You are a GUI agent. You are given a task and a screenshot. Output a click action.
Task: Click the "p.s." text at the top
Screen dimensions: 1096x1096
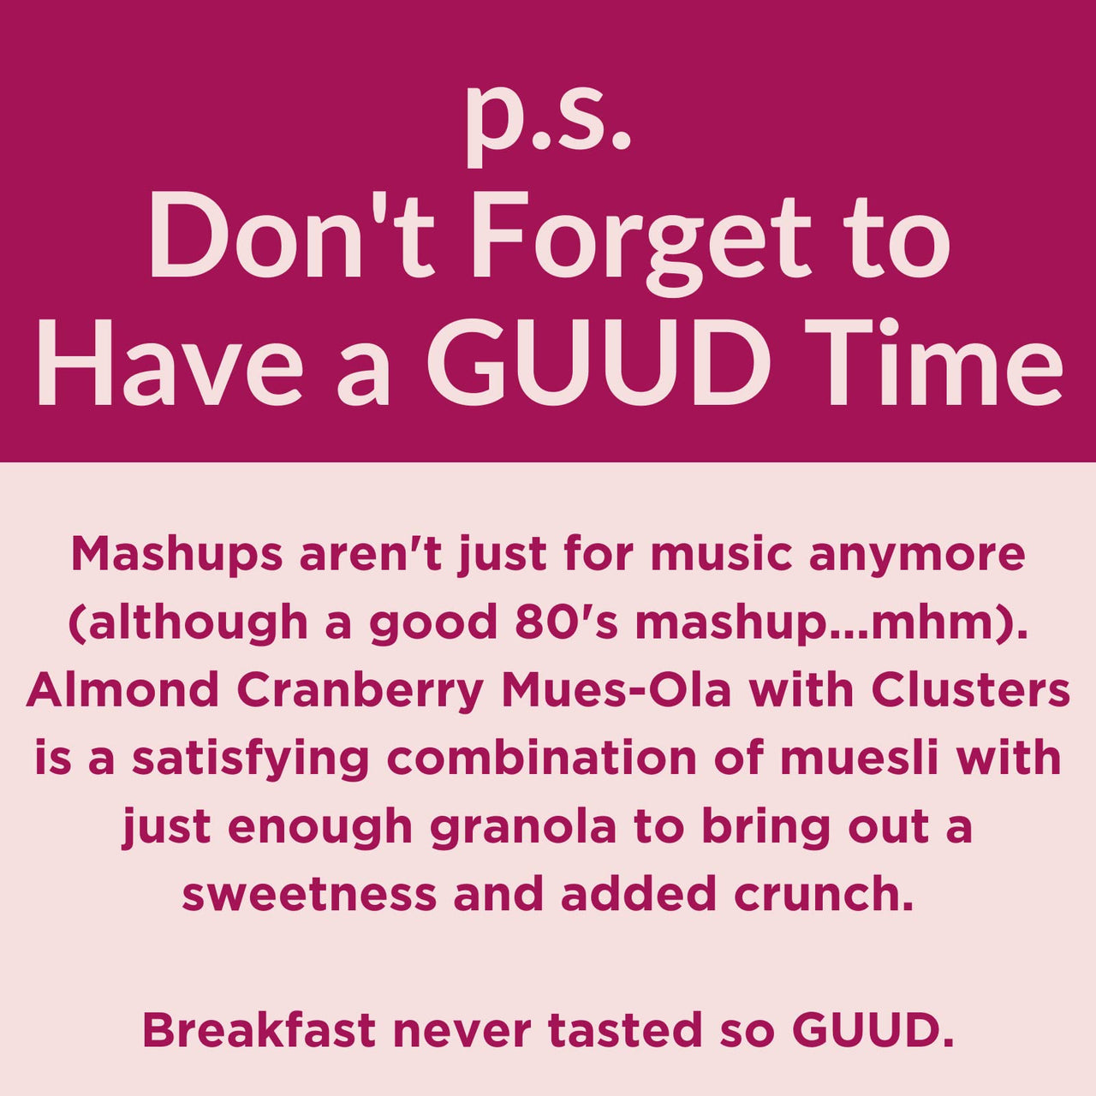[x=548, y=120]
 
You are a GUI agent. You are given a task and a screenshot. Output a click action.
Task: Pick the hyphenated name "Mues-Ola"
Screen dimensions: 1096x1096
[x=616, y=690]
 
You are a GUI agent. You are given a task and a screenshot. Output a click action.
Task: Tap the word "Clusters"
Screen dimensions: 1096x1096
[x=971, y=690]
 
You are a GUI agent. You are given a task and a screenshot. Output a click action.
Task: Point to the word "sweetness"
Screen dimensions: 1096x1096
[x=309, y=895]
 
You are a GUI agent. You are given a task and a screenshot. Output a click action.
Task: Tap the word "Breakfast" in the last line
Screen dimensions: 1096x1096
[x=259, y=1030]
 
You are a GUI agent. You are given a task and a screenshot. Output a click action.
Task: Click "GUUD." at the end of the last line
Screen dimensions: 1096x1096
[x=873, y=1030]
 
